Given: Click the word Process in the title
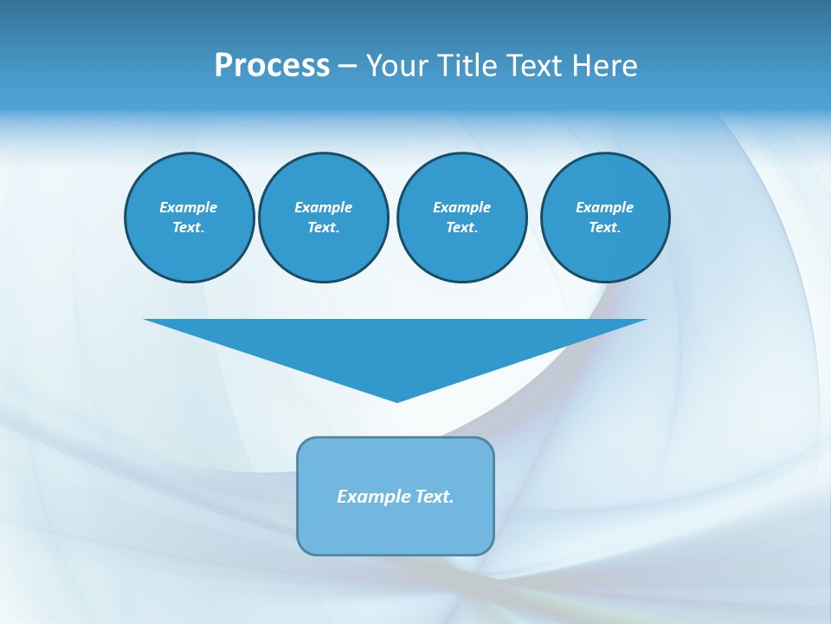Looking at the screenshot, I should pyautogui.click(x=272, y=66).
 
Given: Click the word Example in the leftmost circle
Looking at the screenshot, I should pyautogui.click(x=189, y=207).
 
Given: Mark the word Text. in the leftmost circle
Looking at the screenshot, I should pyautogui.click(x=189, y=228).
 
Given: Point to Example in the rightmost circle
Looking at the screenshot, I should pyautogui.click(x=604, y=207).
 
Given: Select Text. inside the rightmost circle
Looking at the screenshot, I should pyautogui.click(x=604, y=228).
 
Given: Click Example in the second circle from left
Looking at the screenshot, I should pyautogui.click(x=323, y=207).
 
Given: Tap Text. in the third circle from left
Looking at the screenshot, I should pyautogui.click(x=461, y=228).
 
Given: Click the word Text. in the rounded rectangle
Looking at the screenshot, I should pyautogui.click(x=435, y=497).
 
